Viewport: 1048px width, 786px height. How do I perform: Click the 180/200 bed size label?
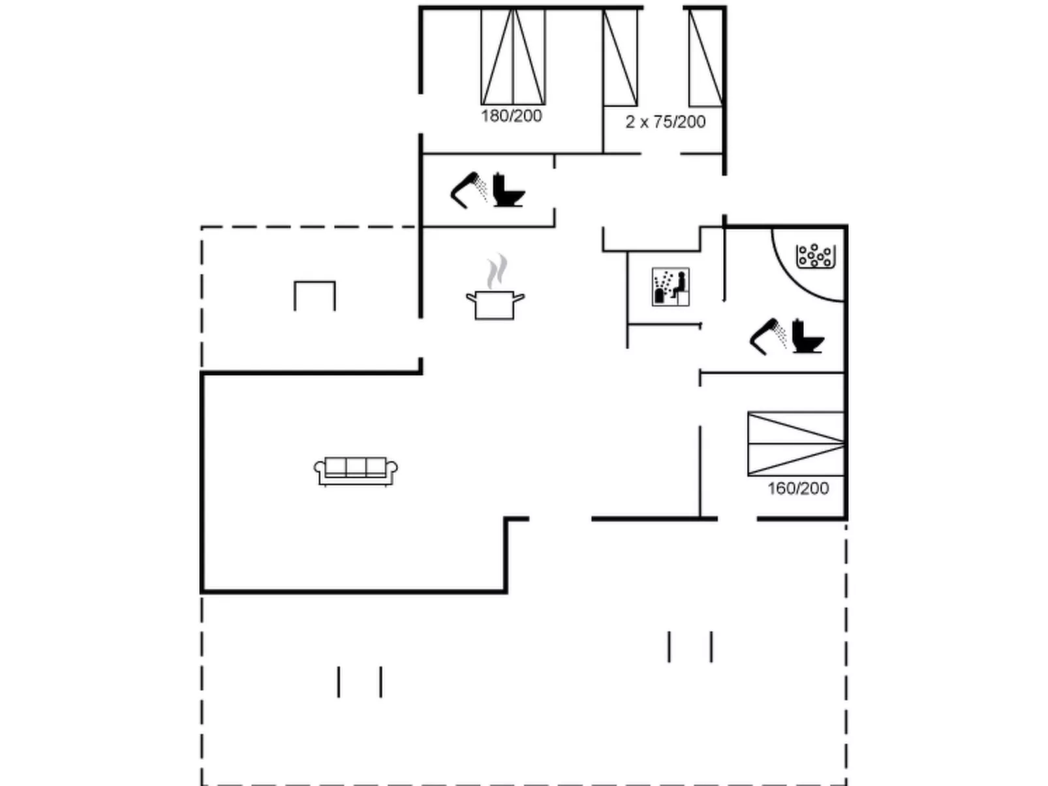(x=512, y=116)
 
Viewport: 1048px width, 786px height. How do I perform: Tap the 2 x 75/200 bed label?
(x=665, y=122)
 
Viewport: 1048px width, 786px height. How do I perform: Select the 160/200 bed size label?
(x=798, y=489)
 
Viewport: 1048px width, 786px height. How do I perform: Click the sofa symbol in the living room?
(x=356, y=471)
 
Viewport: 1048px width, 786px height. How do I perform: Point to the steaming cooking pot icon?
(x=495, y=304)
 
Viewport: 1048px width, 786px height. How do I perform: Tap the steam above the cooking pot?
(x=497, y=271)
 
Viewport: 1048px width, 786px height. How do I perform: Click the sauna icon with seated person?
(x=671, y=287)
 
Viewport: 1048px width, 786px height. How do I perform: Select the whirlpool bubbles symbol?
(x=815, y=256)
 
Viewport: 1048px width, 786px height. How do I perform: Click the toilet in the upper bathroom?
(x=508, y=190)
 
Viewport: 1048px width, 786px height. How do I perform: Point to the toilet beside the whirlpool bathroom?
(x=808, y=337)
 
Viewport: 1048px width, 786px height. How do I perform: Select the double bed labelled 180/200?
(x=513, y=57)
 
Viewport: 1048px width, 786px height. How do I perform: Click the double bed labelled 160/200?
(x=795, y=444)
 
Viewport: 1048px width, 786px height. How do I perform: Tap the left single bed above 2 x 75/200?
(x=620, y=57)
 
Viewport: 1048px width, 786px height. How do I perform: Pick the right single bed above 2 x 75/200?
(x=705, y=57)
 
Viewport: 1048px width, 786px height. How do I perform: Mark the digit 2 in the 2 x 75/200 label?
(x=630, y=122)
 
